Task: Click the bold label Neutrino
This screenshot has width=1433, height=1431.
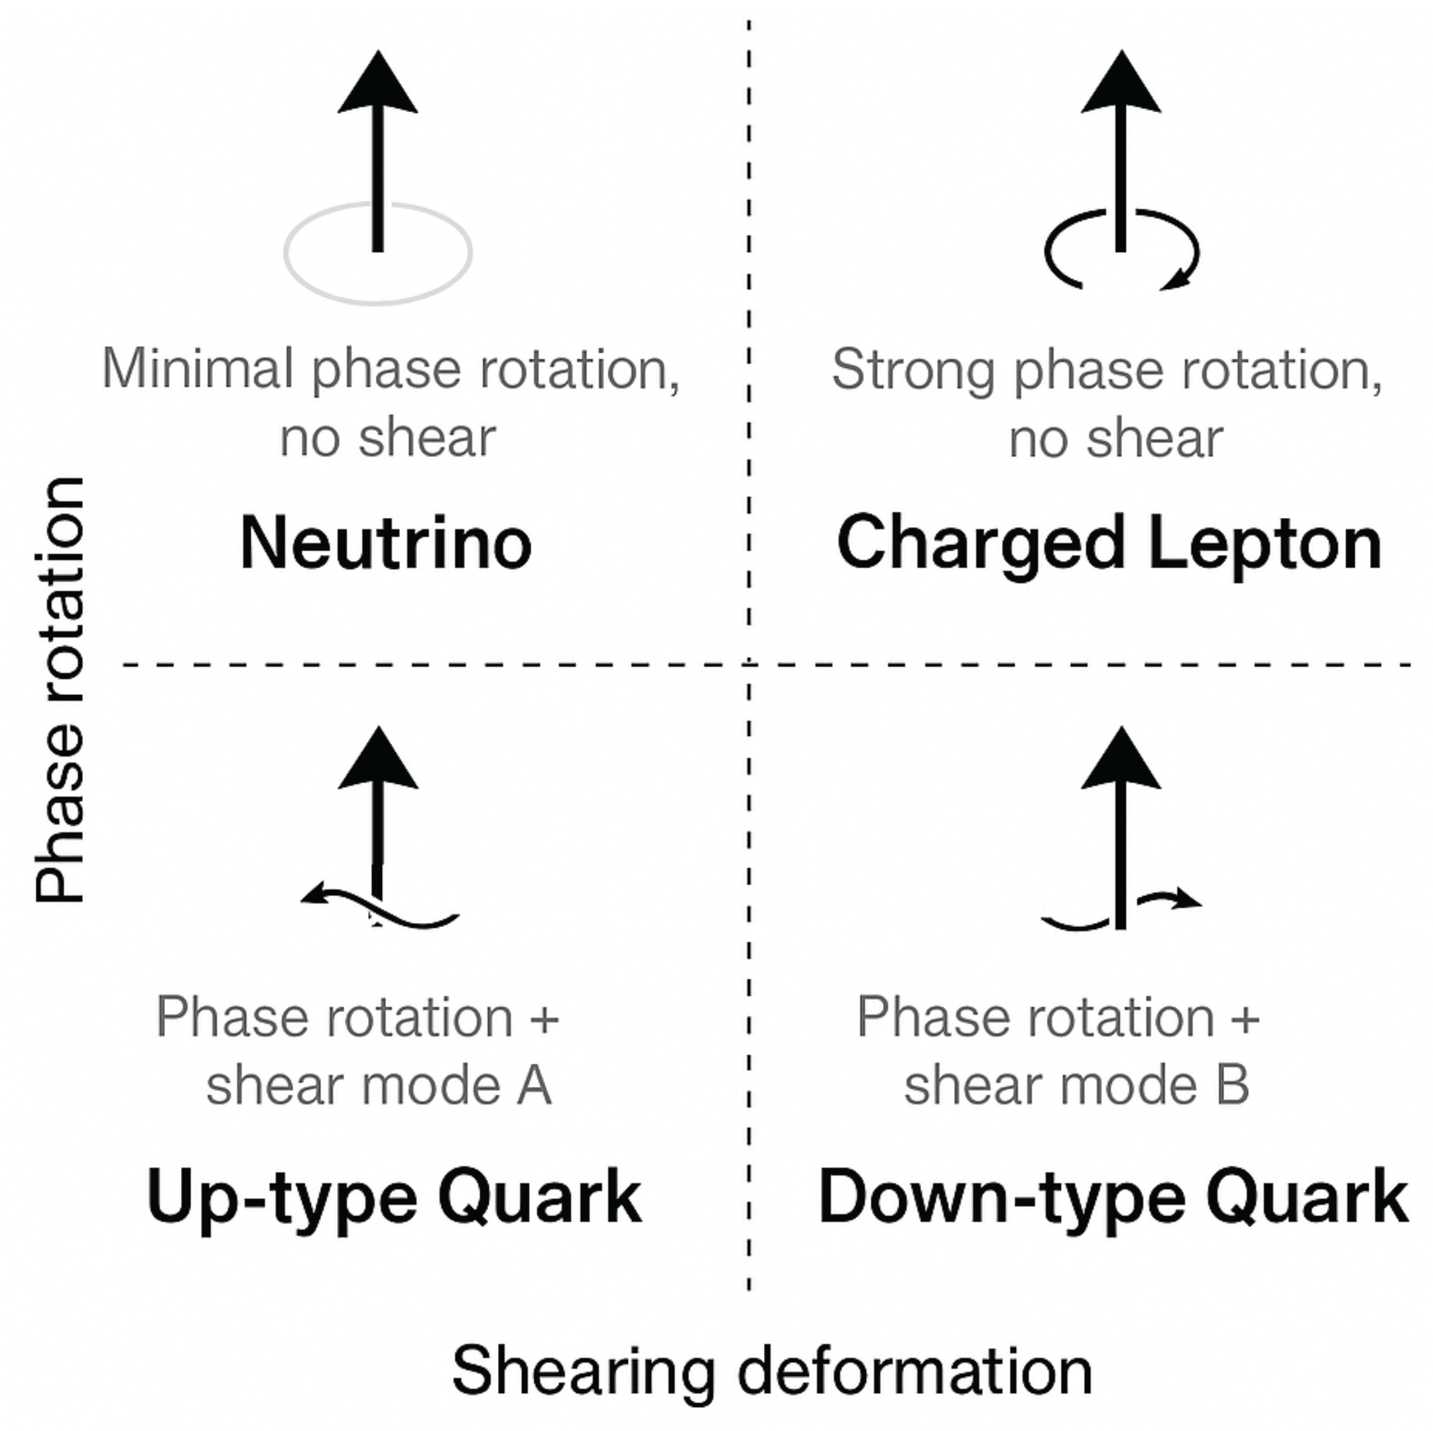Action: [387, 544]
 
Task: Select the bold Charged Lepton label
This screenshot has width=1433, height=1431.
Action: [1109, 544]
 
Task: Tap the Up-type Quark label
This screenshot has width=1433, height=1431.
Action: [394, 1198]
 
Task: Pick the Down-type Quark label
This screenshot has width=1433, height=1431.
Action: [1113, 1198]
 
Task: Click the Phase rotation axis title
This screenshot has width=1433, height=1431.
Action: [61, 690]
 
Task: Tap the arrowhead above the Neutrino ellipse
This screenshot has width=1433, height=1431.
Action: [378, 86]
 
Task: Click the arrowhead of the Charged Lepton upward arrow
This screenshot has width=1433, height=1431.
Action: [1121, 86]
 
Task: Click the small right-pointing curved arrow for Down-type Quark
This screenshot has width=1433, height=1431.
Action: [1172, 900]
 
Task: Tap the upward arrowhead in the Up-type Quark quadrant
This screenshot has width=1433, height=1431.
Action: [378, 761]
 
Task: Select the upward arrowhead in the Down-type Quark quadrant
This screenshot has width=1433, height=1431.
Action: [1121, 761]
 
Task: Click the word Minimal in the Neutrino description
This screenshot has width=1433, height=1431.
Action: [198, 369]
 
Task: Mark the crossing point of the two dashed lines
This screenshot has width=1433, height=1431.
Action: [749, 664]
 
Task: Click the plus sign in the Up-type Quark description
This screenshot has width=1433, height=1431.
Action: [544, 1018]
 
